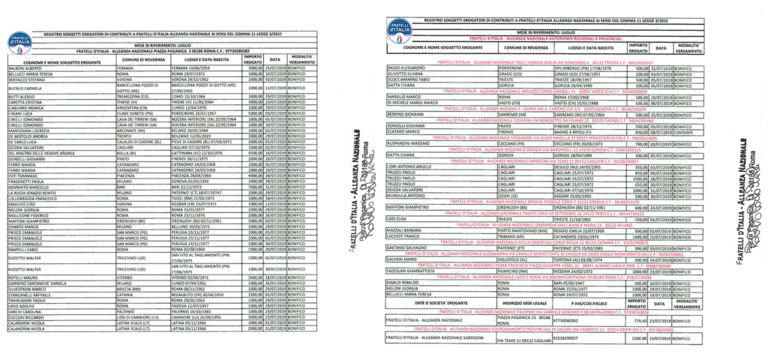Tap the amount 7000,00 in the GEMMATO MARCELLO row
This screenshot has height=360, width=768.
pyautogui.click(x=255, y=187)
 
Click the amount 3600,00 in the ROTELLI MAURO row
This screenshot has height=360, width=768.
pyautogui.click(x=255, y=275)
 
